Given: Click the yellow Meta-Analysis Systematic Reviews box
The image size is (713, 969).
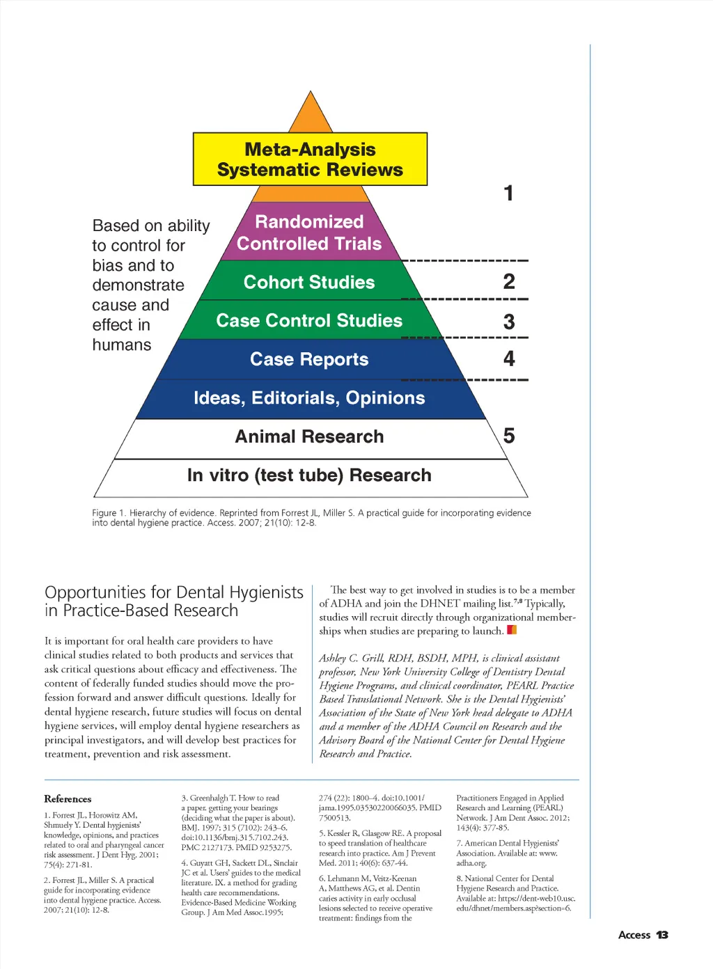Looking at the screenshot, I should click(310, 159).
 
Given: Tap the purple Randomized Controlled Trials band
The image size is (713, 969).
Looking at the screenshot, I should click(309, 233).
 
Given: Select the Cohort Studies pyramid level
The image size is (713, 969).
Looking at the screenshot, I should click(309, 282).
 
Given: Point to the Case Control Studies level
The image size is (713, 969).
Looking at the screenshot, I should click(309, 320).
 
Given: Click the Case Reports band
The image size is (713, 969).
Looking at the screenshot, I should click(309, 359).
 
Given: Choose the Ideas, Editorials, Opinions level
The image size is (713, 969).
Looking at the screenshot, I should click(309, 398).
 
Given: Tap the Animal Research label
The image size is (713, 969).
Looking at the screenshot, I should click(309, 436).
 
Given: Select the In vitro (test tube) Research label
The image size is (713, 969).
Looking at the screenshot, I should click(309, 475).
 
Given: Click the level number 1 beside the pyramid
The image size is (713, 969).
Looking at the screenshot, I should click(509, 193).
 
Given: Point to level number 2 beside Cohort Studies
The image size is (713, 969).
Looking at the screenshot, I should click(509, 281).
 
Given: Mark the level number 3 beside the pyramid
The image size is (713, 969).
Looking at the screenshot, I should click(509, 322).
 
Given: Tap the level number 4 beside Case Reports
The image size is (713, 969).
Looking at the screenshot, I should click(509, 359).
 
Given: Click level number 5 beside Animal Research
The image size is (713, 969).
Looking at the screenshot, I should click(509, 436).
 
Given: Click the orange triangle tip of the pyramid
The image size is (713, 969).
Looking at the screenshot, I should click(310, 116).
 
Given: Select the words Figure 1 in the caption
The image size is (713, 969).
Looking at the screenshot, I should click(108, 513).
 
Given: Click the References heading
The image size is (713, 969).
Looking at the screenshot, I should click(68, 799).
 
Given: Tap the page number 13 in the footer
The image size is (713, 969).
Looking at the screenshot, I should click(662, 935).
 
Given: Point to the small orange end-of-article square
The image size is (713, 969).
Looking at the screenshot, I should click(512, 630).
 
